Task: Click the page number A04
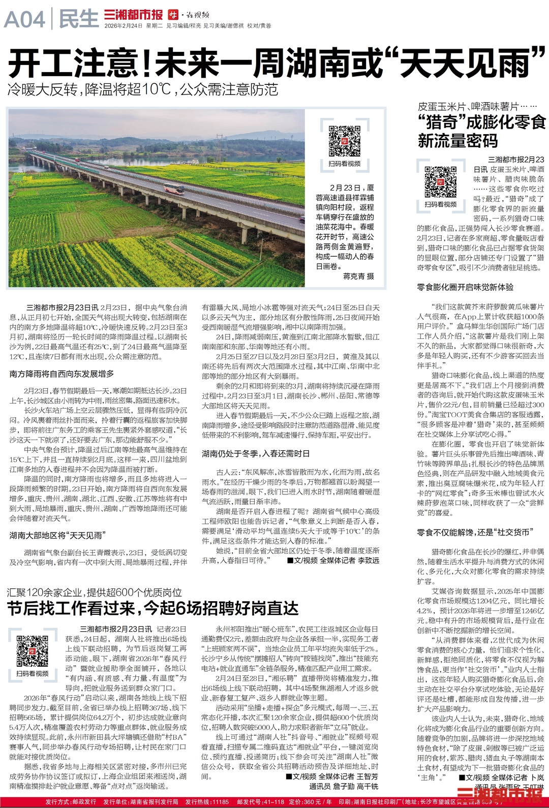pyautogui.click(x=24, y=20)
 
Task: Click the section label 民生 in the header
pyautogui.click(x=79, y=19)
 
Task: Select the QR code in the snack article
pyautogui.click(x=440, y=182)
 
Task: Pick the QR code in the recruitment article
pyautogui.click(x=32, y=650)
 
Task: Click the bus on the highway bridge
pyautogui.click(x=173, y=189)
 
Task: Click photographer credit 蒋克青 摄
pyautogui.click(x=358, y=276)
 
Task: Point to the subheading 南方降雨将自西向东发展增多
pyautogui.click(x=62, y=374)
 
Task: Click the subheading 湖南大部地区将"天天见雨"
pyautogui.click(x=57, y=535)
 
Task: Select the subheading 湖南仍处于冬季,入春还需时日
pyautogui.click(x=255, y=453)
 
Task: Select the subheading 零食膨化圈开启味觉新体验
pyautogui.click(x=465, y=287)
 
